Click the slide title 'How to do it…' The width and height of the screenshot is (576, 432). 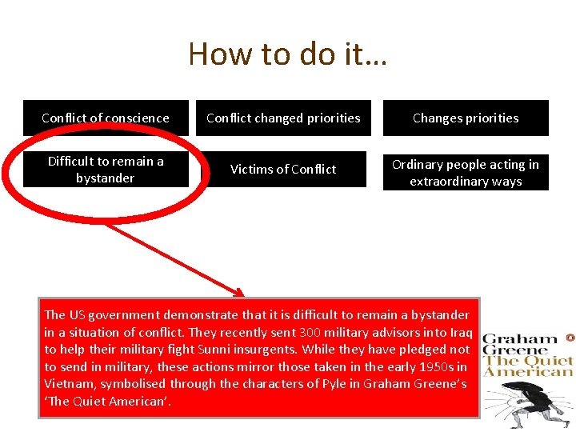pyautogui.click(x=288, y=54)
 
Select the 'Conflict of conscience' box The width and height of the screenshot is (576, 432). pyautogui.click(x=106, y=118)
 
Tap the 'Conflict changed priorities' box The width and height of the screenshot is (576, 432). pyautogui.click(x=283, y=118)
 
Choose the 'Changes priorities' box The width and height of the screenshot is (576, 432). pyautogui.click(x=466, y=118)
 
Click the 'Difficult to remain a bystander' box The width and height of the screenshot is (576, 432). pyautogui.click(x=106, y=170)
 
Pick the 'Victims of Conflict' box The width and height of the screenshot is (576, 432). pyautogui.click(x=283, y=170)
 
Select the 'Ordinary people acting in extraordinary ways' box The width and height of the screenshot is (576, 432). pyautogui.click(x=466, y=173)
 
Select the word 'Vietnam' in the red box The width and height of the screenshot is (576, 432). pyautogui.click(x=70, y=384)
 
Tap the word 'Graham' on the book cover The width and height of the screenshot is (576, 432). pyautogui.click(x=520, y=340)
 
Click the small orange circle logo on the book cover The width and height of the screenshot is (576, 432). pyautogui.click(x=570, y=338)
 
